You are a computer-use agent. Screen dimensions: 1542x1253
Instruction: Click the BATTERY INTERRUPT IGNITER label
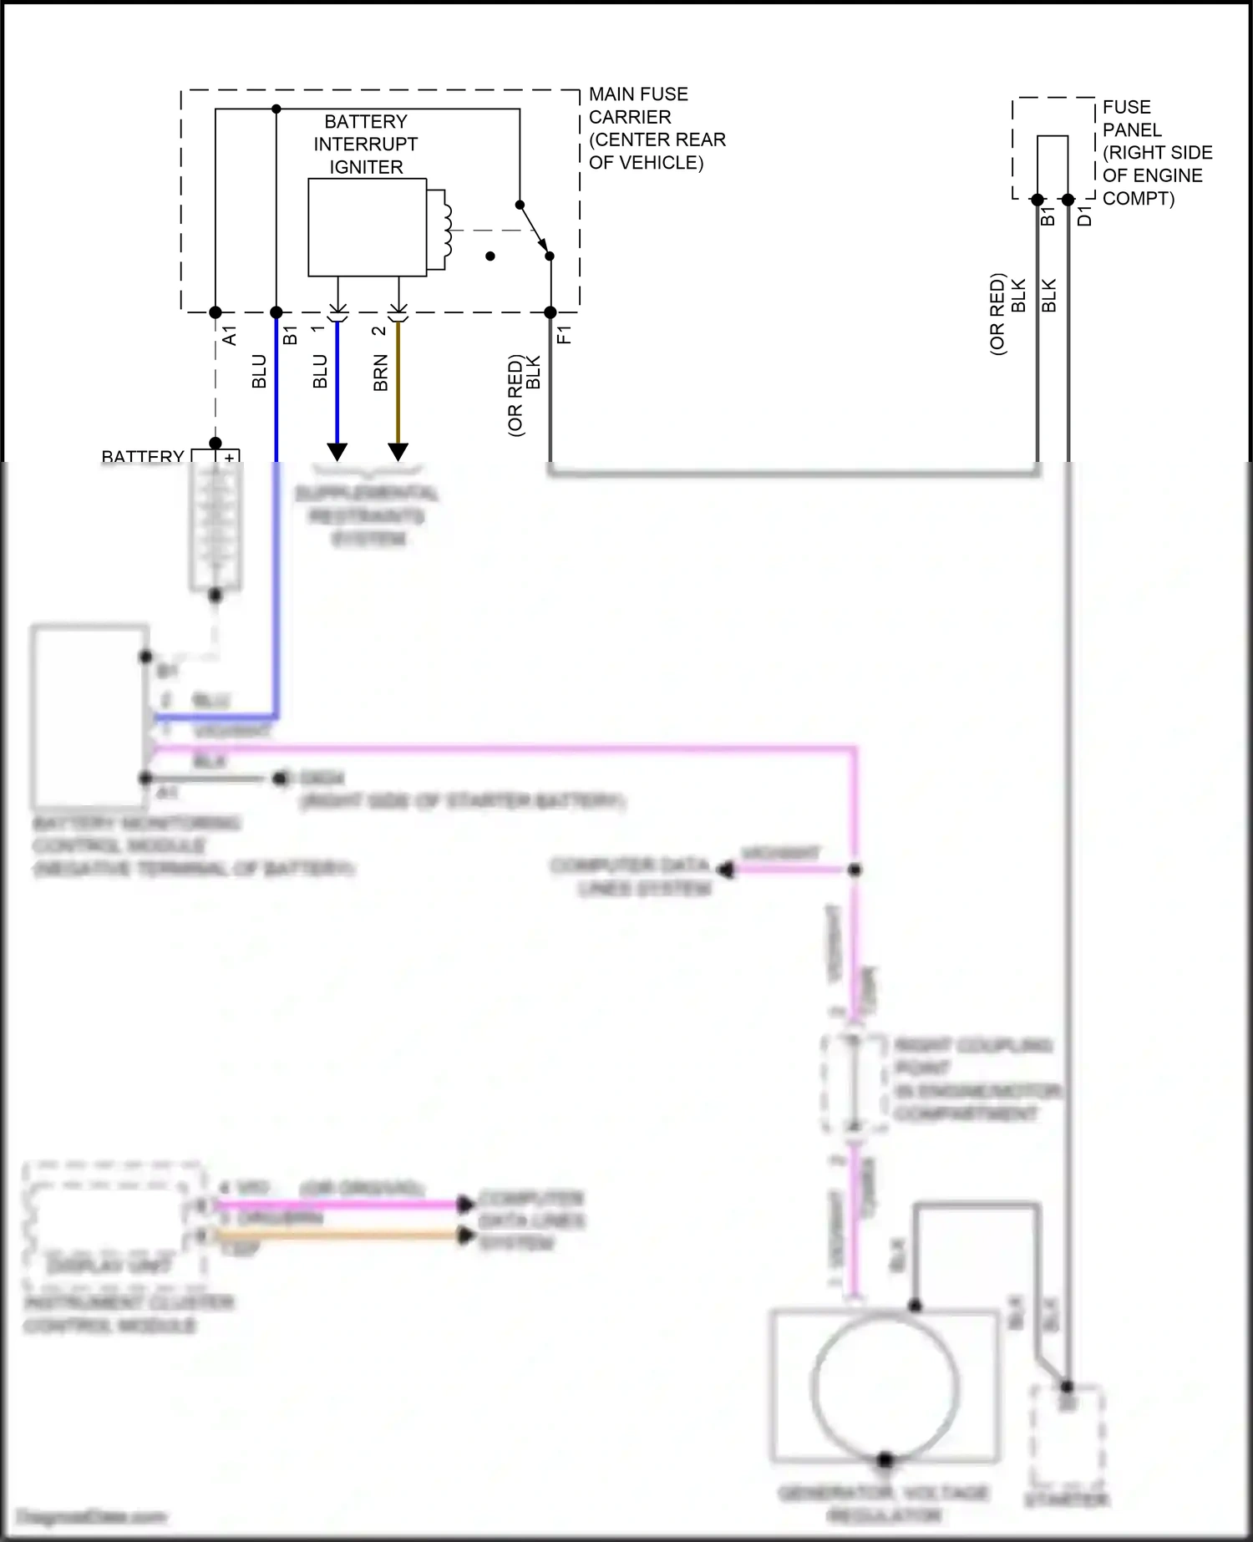tap(366, 145)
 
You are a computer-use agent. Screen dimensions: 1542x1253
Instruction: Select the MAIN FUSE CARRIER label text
tap(657, 129)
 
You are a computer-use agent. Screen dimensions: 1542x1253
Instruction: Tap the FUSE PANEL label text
tap(1156, 153)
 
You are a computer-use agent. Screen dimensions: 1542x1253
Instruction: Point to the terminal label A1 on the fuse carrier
tap(230, 336)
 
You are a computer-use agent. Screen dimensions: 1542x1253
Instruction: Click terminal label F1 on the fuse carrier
tap(565, 335)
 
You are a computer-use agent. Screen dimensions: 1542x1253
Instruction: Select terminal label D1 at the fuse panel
tap(1084, 216)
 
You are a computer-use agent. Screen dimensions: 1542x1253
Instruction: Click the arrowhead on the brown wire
tap(398, 452)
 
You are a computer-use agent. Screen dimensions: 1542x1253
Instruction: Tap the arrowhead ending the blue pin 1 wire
tap(337, 452)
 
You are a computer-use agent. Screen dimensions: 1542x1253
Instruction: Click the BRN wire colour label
tap(381, 373)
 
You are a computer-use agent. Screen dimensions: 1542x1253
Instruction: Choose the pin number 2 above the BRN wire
tap(378, 331)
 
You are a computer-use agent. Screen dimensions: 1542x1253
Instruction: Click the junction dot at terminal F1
tap(550, 312)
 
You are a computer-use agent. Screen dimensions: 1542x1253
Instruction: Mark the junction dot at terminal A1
tap(216, 312)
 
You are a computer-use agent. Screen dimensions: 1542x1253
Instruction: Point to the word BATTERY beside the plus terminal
tap(143, 457)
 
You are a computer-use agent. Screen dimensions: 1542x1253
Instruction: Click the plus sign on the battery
tap(229, 458)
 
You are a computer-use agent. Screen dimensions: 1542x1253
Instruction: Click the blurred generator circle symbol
tap(885, 1387)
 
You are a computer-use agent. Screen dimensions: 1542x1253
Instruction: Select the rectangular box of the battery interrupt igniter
tap(367, 227)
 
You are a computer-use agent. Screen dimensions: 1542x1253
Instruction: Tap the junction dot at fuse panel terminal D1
tap(1068, 200)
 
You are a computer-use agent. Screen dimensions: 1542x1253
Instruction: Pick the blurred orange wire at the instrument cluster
tap(334, 1234)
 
